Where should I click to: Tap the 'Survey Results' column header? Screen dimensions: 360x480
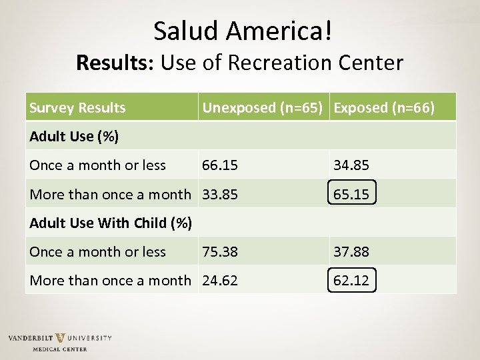[77, 107]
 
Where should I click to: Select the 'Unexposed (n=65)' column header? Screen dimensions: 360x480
[264, 107]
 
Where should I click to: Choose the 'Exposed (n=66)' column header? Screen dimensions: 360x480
[384, 107]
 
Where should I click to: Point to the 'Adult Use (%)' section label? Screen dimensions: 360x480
[74, 137]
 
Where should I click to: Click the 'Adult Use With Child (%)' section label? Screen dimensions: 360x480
[111, 223]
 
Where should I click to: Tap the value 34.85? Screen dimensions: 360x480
[351, 165]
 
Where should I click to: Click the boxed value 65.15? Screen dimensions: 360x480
[351, 194]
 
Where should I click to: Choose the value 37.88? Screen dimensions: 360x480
[351, 251]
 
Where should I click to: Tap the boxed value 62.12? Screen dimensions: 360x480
[351, 280]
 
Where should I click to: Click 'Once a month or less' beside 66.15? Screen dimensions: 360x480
[97, 165]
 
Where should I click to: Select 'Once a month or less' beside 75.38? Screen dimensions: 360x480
[97, 251]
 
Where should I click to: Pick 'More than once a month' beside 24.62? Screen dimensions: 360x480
[110, 280]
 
